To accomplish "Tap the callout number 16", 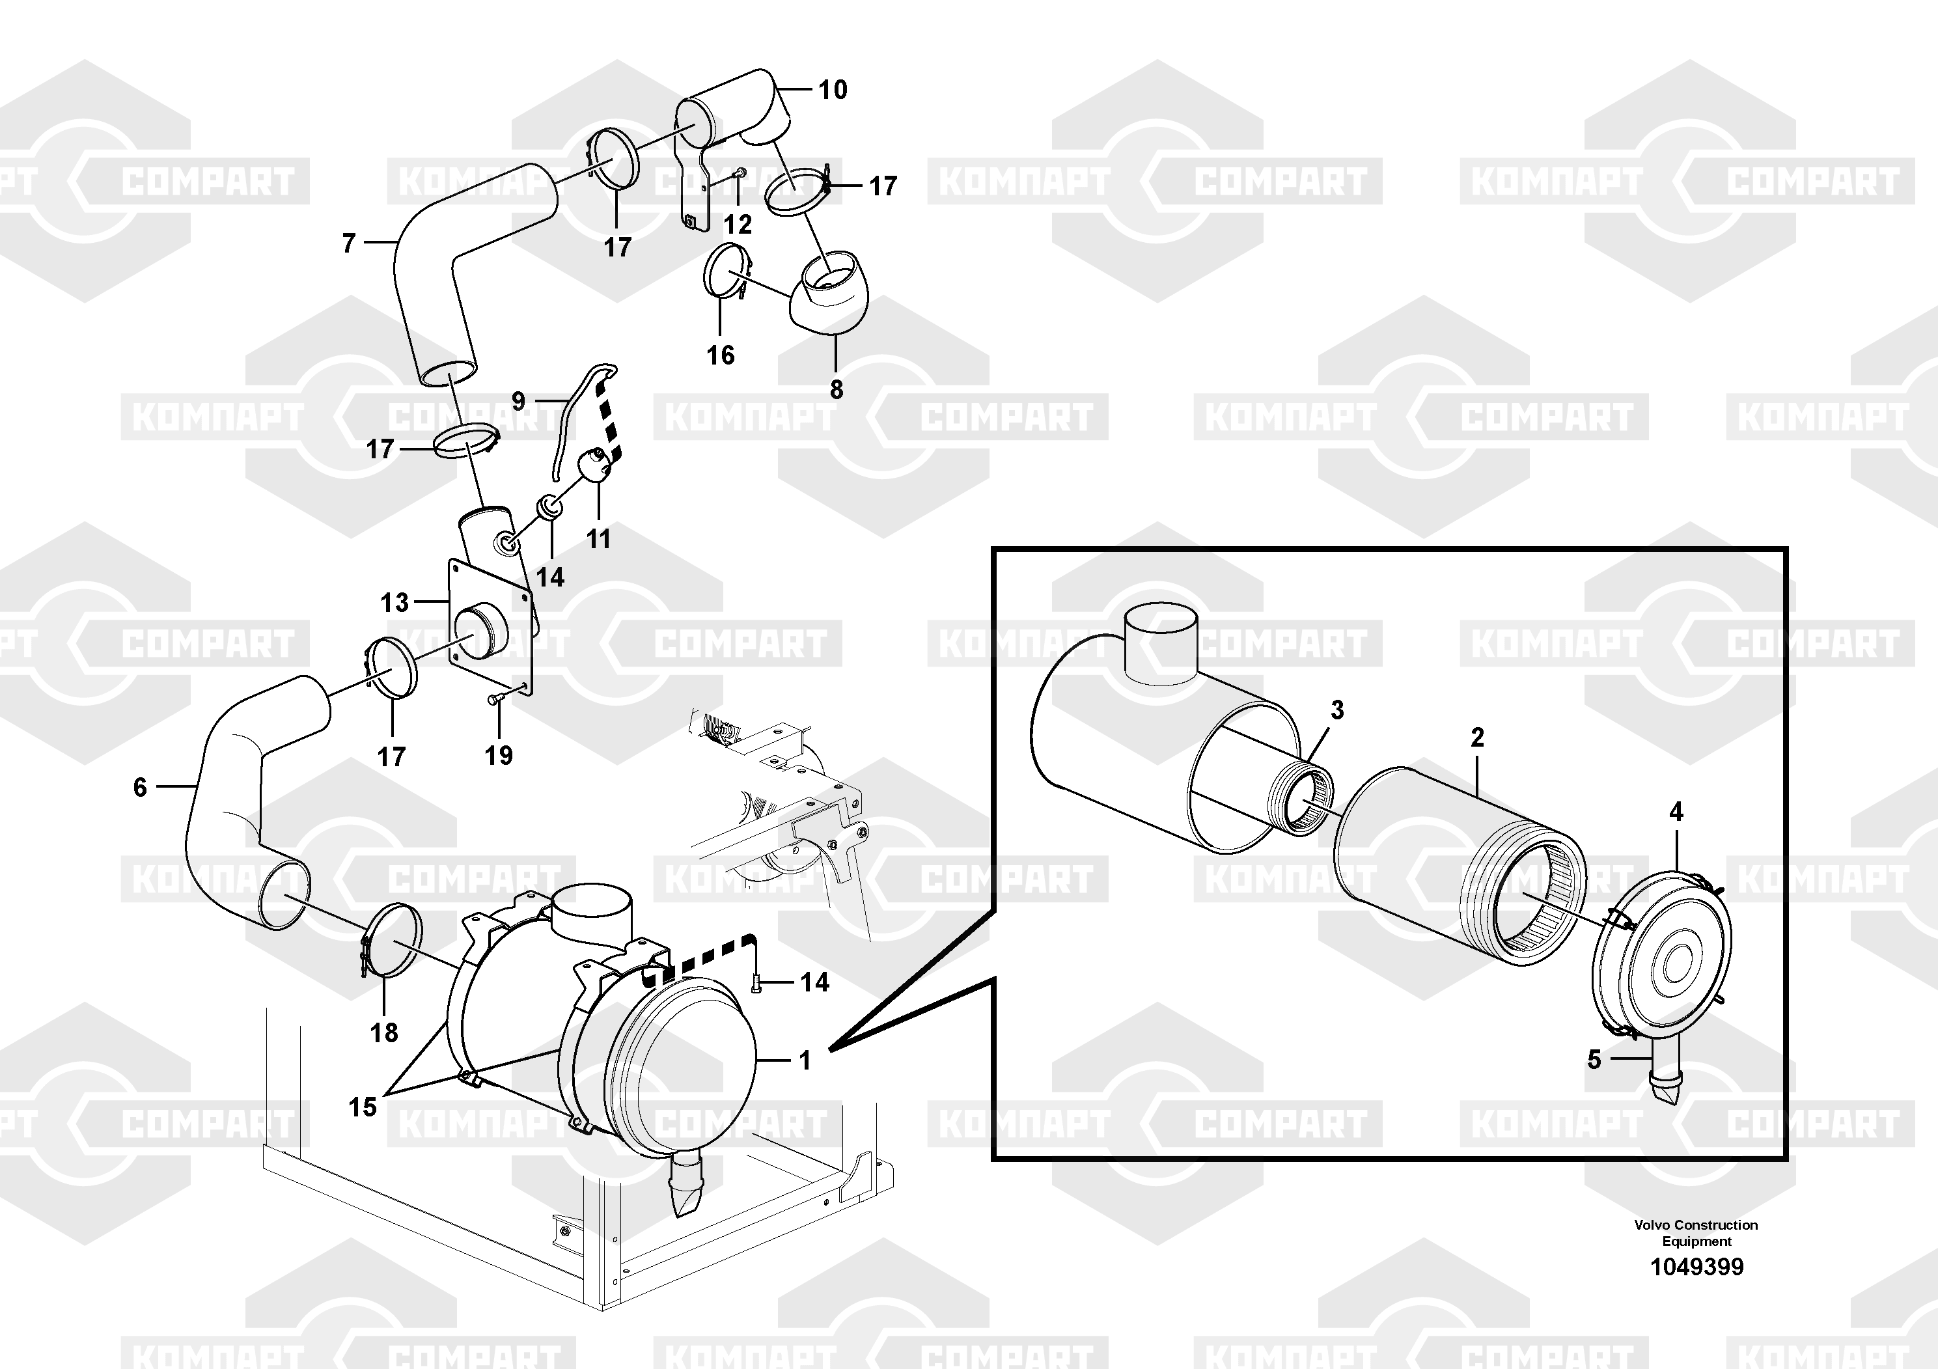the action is click(x=720, y=355).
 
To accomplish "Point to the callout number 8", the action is click(x=836, y=390).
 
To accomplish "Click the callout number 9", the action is click(x=518, y=401).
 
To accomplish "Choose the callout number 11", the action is click(x=598, y=538).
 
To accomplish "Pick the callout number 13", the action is click(x=395, y=603).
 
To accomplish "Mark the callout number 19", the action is click(x=499, y=754).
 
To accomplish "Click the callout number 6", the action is click(x=140, y=788).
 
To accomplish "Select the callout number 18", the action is click(x=384, y=1032).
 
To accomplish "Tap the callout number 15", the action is click(x=363, y=1107).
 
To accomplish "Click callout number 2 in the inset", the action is click(x=1477, y=738).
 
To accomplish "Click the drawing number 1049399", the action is click(x=1696, y=1267).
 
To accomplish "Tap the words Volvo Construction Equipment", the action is click(x=1696, y=1233).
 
